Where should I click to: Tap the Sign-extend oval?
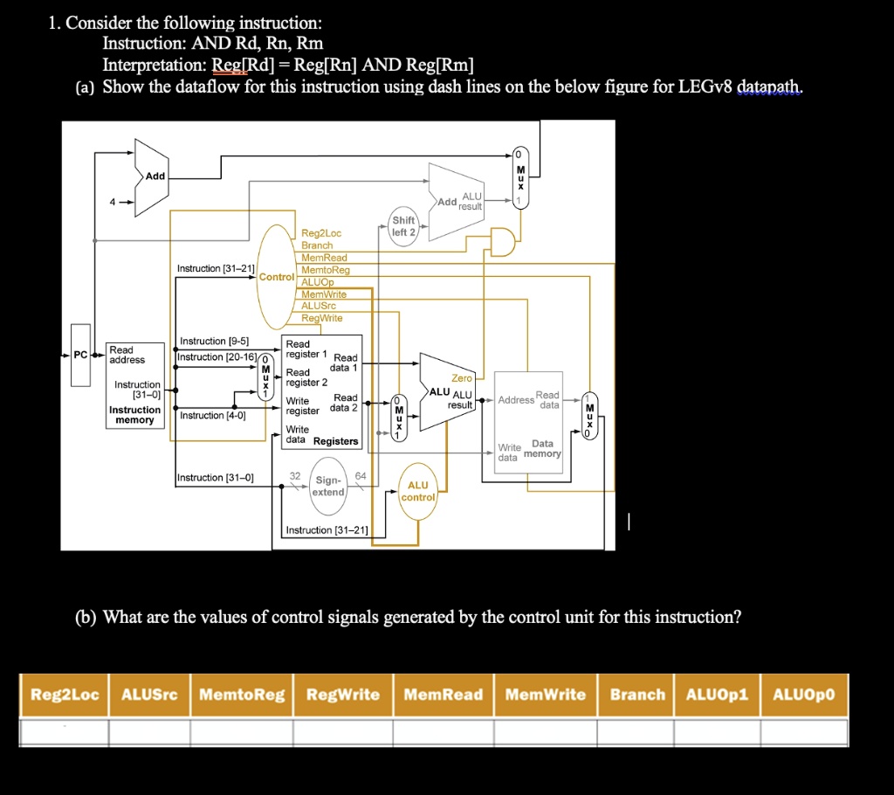click(x=328, y=486)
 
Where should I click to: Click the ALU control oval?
click(x=418, y=491)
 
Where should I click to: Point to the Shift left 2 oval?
click(x=403, y=226)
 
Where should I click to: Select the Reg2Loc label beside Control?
click(x=321, y=233)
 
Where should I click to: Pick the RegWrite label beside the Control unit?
click(x=322, y=318)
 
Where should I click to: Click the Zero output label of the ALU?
click(x=461, y=378)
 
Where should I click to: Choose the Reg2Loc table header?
click(x=65, y=695)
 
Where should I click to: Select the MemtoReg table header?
click(x=242, y=695)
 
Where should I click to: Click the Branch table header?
click(x=637, y=695)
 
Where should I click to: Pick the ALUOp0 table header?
click(x=803, y=695)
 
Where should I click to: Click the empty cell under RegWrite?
click(x=342, y=730)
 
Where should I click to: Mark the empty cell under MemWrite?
click(x=546, y=730)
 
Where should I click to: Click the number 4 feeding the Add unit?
click(x=112, y=203)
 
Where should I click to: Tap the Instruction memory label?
click(x=134, y=415)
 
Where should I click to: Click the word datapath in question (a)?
click(x=769, y=87)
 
